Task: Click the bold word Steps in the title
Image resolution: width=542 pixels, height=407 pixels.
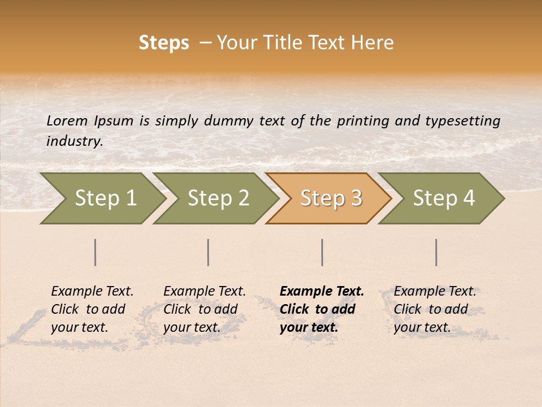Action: [164, 43]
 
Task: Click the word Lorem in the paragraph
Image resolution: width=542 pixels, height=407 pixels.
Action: [67, 121]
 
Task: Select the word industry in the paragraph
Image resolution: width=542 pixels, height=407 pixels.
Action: [74, 141]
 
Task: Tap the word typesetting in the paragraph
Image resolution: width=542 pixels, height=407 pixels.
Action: [462, 121]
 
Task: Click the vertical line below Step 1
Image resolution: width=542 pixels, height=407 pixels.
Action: [95, 252]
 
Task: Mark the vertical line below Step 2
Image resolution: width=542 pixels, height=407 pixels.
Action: [208, 252]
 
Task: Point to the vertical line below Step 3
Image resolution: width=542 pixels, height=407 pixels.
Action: [322, 252]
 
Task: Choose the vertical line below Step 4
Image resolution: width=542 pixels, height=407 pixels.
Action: [436, 252]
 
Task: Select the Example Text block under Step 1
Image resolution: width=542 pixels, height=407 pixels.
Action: [92, 309]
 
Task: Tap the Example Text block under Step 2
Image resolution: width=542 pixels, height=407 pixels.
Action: [204, 309]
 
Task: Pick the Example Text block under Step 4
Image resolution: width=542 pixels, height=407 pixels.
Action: [435, 309]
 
